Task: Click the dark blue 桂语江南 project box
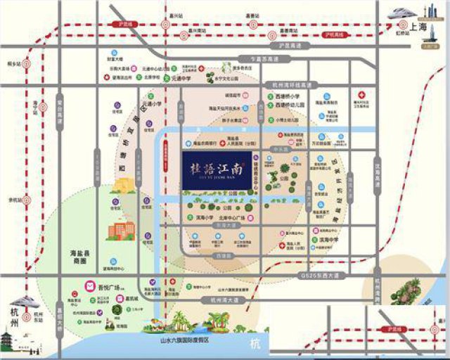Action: click(215, 170)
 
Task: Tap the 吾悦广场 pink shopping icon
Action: click(91, 286)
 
